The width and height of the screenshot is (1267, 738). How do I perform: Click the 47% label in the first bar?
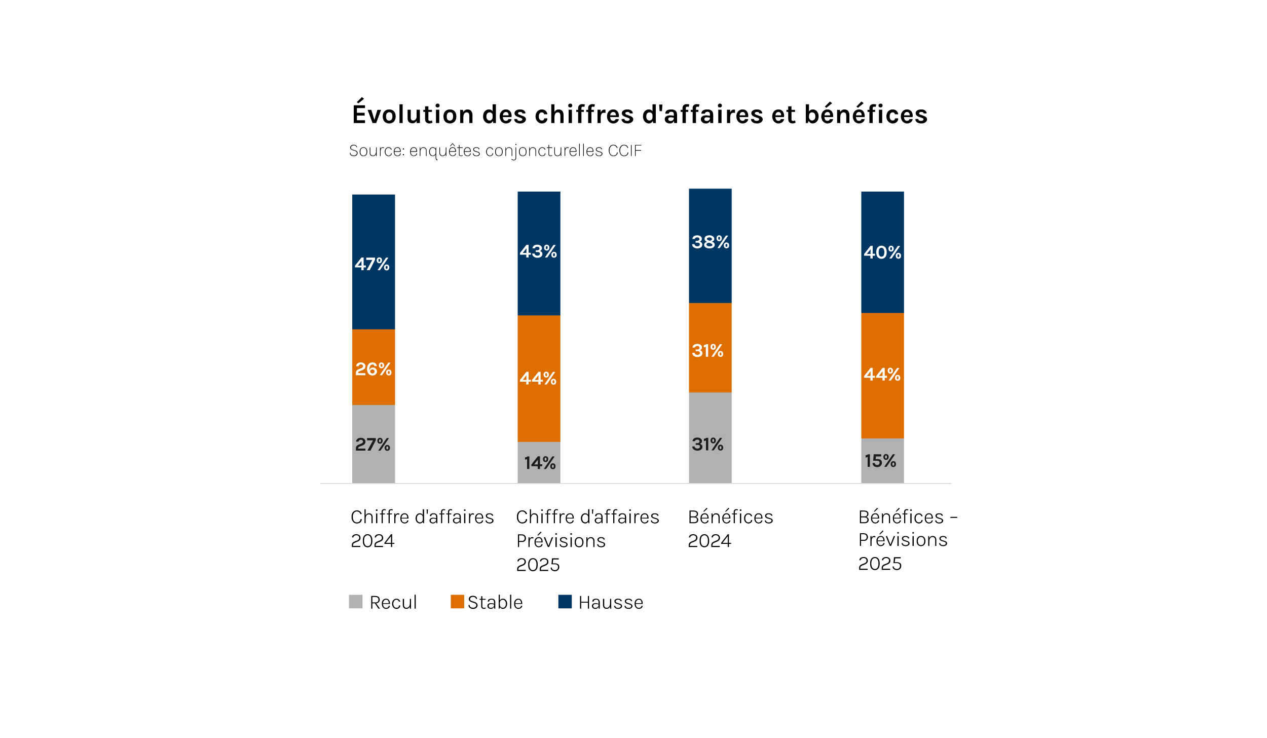372,264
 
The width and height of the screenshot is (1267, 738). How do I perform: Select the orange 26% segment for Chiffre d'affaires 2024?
374,367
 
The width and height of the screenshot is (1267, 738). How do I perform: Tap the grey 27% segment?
374,444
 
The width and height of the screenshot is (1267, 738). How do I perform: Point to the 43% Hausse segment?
539,253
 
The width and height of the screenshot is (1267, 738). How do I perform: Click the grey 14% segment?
539,462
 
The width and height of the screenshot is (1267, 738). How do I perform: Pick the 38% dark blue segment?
710,245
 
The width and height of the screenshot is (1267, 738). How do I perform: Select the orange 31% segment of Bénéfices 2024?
710,348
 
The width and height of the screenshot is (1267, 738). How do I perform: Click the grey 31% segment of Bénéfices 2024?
710,438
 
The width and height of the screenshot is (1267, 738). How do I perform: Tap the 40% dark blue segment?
882,252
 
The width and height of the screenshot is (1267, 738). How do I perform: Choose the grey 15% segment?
882,461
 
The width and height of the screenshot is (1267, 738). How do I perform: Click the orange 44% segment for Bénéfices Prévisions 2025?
882,376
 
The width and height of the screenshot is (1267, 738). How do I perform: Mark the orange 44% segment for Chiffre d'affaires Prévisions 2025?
539,379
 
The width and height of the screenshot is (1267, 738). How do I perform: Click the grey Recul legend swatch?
356,602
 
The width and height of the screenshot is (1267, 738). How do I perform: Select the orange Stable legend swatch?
457,602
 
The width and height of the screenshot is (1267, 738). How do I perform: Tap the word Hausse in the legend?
611,603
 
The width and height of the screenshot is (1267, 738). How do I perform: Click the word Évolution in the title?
413,114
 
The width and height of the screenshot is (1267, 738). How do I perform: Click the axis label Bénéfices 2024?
730,529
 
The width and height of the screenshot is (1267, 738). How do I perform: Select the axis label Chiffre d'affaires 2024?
422,529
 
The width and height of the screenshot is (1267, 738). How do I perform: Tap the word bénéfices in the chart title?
866,114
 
